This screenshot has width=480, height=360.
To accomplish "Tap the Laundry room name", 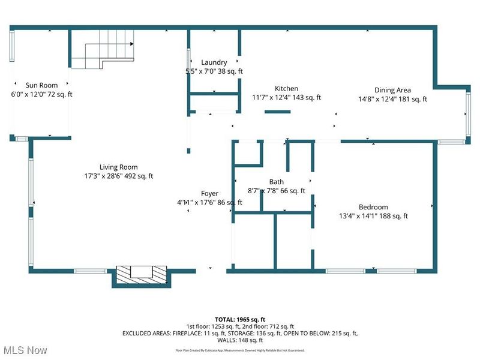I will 214,62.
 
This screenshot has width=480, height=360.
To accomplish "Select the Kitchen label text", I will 286,89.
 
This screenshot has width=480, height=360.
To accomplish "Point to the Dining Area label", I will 392,91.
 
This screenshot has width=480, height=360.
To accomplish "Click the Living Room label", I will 118,167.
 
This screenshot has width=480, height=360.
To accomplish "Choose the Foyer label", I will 209,194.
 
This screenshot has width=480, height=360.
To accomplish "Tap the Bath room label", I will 277,182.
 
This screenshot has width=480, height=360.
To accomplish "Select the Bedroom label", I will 373,207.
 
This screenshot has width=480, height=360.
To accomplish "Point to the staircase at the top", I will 102,52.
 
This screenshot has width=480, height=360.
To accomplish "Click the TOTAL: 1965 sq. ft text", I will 239,319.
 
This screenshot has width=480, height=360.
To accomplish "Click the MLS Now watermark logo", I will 25,350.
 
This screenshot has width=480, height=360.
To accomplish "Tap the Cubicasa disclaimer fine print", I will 239,350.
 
